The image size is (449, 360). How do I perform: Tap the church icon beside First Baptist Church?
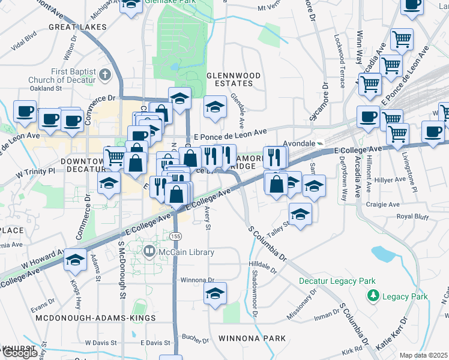106,75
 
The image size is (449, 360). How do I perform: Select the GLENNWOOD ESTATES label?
234,79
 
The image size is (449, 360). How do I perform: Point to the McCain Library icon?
149,253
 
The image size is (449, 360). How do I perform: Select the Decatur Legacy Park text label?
337,281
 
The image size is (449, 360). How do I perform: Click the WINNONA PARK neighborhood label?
252,338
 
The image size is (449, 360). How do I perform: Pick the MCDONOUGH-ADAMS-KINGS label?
96,317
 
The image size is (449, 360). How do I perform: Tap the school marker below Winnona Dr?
215,293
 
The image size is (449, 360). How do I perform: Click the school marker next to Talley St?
300,212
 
